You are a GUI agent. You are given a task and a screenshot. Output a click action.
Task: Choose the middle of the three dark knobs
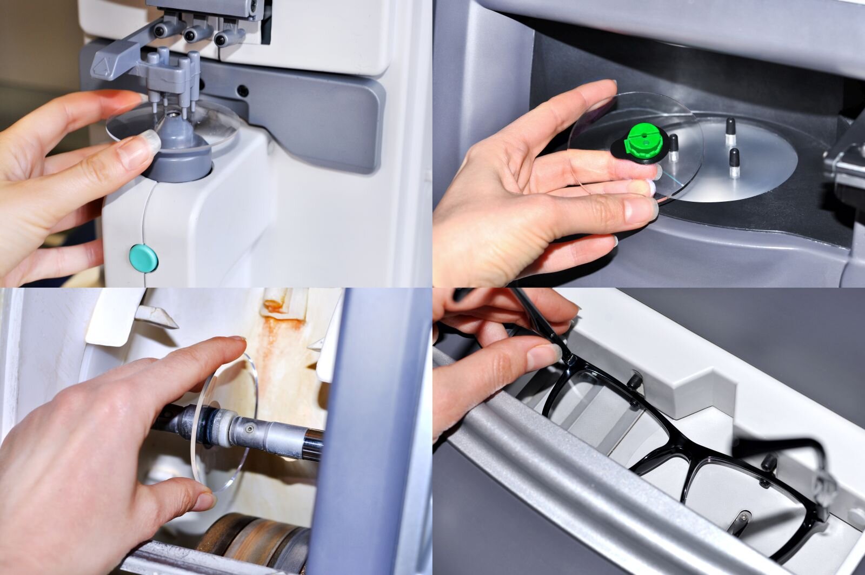coord(191,36)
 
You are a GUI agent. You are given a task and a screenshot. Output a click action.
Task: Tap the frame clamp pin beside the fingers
coord(634,380)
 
